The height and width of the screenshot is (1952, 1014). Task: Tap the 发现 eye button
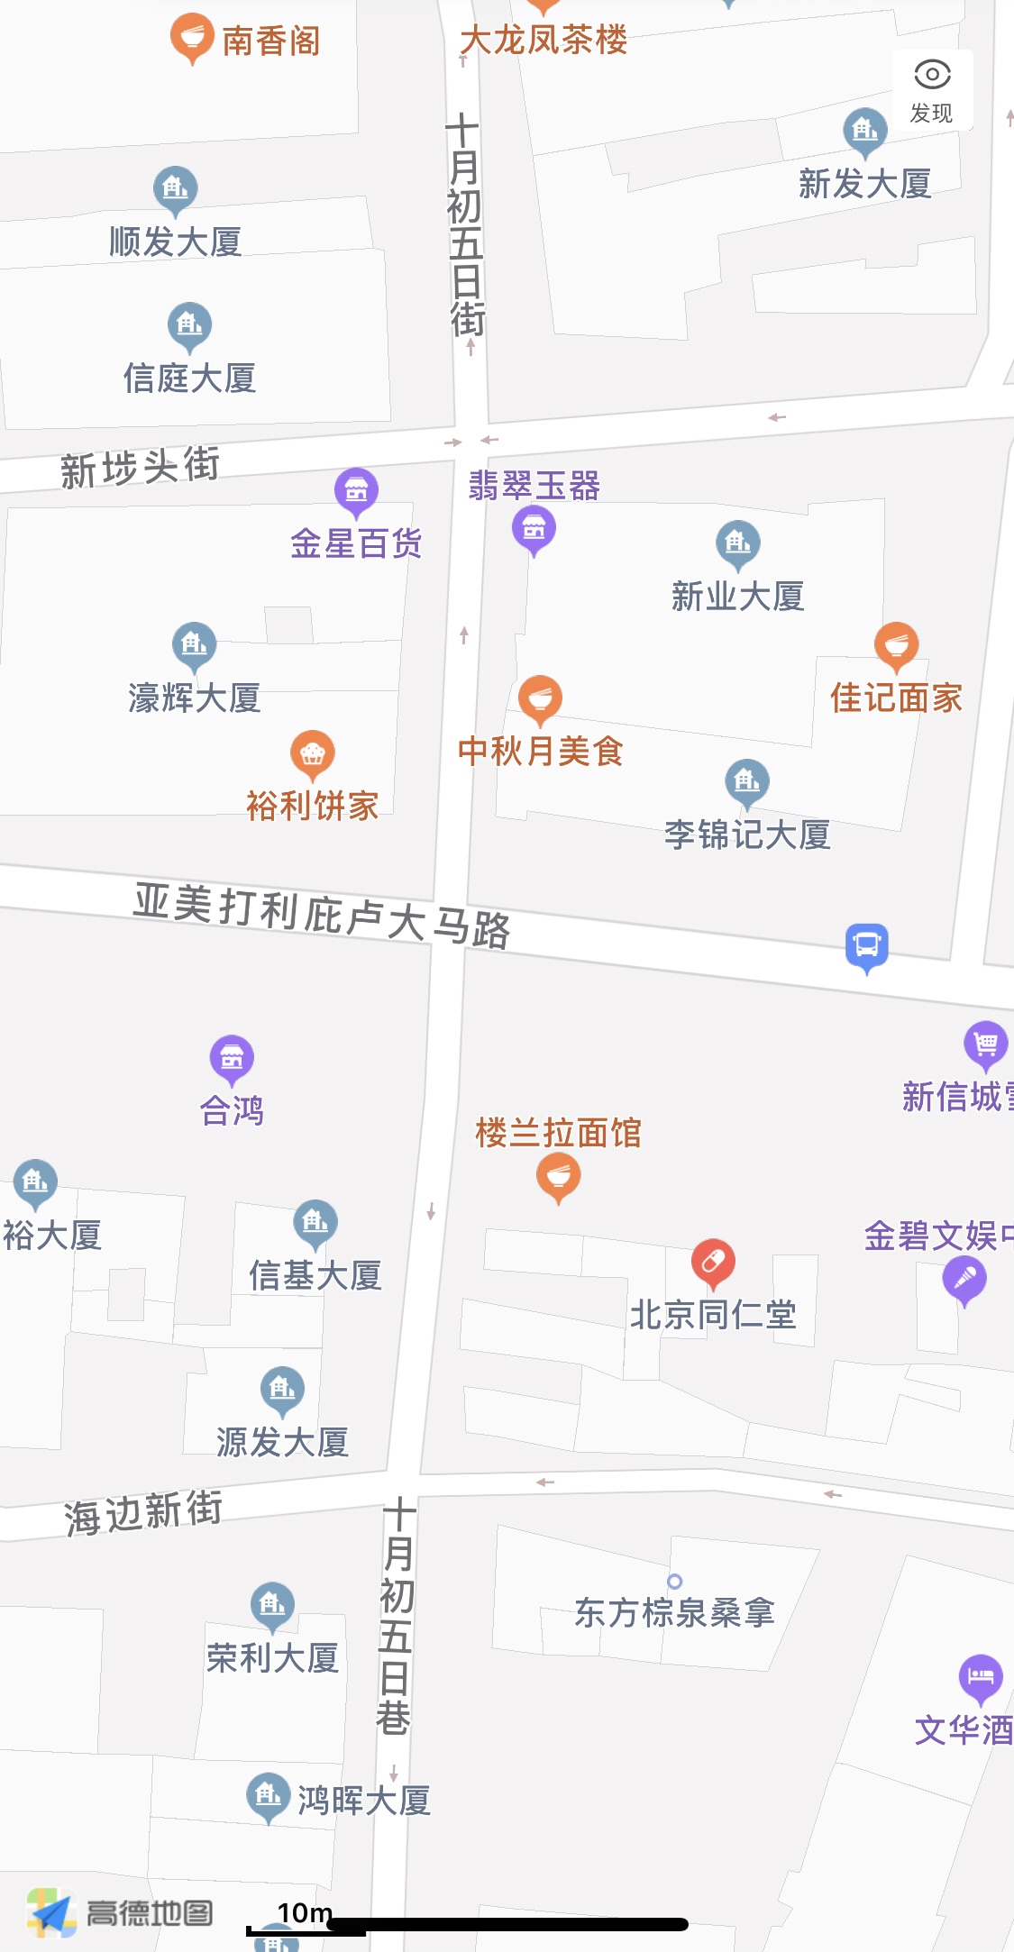click(x=932, y=88)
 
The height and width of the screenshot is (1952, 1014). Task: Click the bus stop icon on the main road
click(x=867, y=945)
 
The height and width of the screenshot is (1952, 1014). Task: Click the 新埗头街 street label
click(x=140, y=467)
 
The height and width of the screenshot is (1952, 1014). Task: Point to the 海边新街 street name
click(x=142, y=1511)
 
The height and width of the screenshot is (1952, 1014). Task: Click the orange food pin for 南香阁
click(x=191, y=37)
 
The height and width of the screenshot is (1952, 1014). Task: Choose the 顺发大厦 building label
click(x=175, y=242)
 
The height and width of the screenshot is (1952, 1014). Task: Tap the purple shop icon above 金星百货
click(x=356, y=490)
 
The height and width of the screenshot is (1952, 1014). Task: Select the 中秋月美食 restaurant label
click(x=540, y=751)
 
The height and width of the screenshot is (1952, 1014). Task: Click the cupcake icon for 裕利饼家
click(x=313, y=753)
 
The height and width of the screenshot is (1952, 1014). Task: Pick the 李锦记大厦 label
click(x=747, y=835)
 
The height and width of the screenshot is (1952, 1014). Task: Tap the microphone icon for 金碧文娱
click(x=964, y=1278)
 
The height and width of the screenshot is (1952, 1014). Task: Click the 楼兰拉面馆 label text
click(x=558, y=1133)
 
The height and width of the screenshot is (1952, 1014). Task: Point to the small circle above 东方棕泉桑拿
click(x=674, y=1582)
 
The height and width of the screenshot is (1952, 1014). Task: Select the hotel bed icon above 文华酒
click(x=981, y=1676)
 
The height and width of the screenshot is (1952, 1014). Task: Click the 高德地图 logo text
click(x=150, y=1912)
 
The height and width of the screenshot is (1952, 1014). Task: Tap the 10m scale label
click(x=305, y=1912)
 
